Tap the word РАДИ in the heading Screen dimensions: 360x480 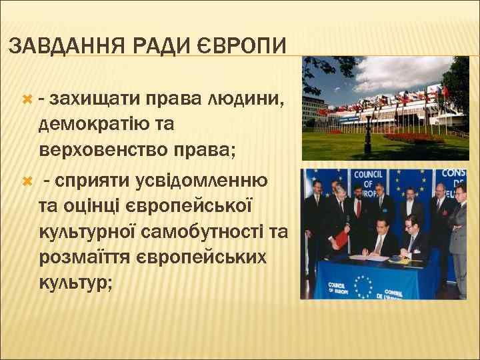(x=158, y=46)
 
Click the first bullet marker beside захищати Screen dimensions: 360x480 (x=27, y=100)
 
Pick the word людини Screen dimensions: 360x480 (x=247, y=100)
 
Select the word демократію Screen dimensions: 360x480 (x=99, y=123)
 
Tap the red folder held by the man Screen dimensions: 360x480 (x=339, y=237)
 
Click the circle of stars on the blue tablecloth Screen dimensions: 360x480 (x=363, y=286)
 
